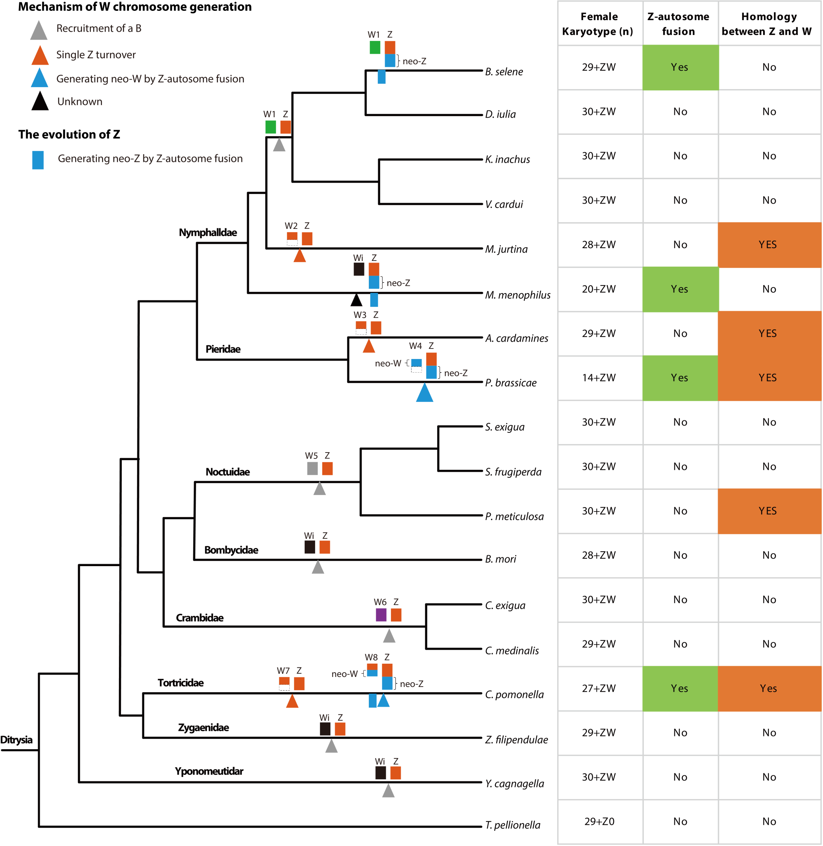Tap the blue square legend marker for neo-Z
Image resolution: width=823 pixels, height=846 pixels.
38,160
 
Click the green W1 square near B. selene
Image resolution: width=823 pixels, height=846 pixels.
375,47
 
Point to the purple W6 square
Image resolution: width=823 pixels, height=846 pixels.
381,615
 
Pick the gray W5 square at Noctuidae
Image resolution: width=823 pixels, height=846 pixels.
312,469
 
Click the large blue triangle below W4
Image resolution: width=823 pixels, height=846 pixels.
424,393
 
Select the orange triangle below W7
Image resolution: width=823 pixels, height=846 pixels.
292,701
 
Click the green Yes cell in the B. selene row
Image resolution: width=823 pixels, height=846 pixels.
680,67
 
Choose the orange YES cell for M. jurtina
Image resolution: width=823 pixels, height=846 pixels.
769,245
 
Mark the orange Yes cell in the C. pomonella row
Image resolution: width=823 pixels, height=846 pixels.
769,688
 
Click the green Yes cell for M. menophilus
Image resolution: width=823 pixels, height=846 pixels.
680,289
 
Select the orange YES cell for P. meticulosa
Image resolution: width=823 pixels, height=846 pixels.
769,511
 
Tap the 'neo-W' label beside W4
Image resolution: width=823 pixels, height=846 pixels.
388,364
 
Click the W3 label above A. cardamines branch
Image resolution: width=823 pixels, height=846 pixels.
360,315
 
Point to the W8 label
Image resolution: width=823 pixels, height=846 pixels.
371,657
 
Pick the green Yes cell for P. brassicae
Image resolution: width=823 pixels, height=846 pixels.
680,378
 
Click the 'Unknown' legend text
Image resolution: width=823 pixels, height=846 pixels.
80,102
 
